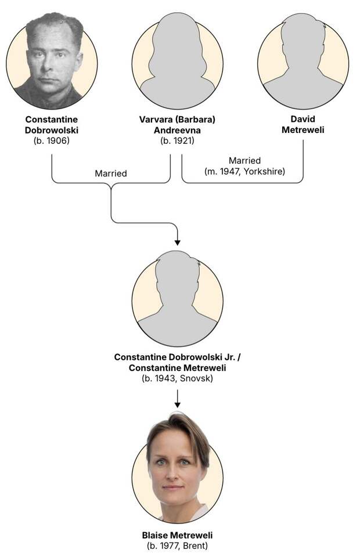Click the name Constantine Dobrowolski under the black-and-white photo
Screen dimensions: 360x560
(x=52, y=125)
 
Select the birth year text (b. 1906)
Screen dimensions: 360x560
(x=52, y=140)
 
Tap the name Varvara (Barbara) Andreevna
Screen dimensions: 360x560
(x=177, y=125)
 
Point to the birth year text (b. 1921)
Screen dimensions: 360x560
(x=177, y=140)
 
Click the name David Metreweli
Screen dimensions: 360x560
(x=303, y=124)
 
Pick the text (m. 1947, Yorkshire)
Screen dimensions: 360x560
(x=245, y=171)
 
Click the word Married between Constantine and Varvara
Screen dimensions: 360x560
(x=111, y=173)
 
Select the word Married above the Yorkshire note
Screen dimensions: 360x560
(x=245, y=160)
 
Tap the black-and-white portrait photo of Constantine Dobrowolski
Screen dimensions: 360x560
(x=52, y=62)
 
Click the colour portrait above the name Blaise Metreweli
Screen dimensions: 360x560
(x=177, y=467)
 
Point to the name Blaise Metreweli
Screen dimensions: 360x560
(x=177, y=536)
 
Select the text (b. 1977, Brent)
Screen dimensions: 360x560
(x=177, y=545)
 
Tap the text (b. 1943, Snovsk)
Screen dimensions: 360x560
(x=177, y=378)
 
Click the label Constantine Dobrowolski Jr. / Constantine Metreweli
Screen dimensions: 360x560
(x=177, y=363)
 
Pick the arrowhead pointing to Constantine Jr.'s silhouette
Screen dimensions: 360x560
(x=177, y=243)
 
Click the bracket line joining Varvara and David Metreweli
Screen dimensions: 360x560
(x=242, y=183)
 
